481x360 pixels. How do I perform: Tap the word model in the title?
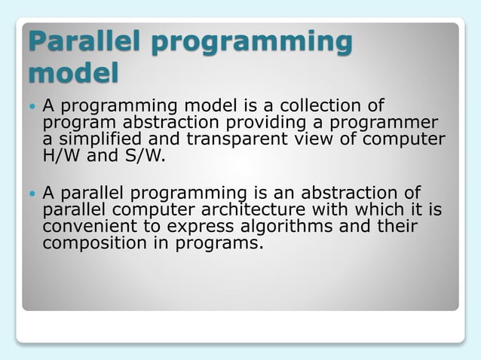click(x=73, y=74)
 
